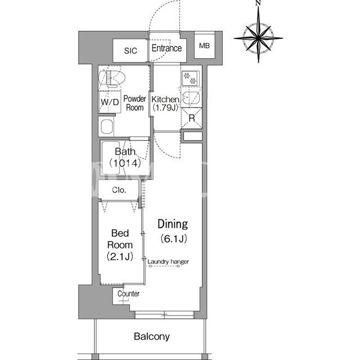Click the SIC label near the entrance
[x=130, y=51]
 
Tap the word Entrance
[x=166, y=48]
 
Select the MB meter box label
[x=204, y=46]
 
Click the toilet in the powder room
[x=112, y=78]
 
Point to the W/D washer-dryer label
[x=110, y=102]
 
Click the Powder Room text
[x=135, y=103]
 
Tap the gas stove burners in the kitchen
[x=190, y=78]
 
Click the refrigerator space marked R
[x=191, y=118]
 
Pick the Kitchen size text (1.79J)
[x=165, y=107]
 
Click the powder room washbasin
[x=107, y=127]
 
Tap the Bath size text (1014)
[x=125, y=163]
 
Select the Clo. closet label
[x=119, y=190]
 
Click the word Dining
[x=173, y=224]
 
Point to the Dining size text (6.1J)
[x=174, y=238]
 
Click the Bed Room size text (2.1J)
[x=120, y=256]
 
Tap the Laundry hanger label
[x=168, y=262]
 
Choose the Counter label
[x=128, y=294]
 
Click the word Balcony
[x=152, y=336]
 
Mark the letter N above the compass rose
[x=258, y=3]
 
